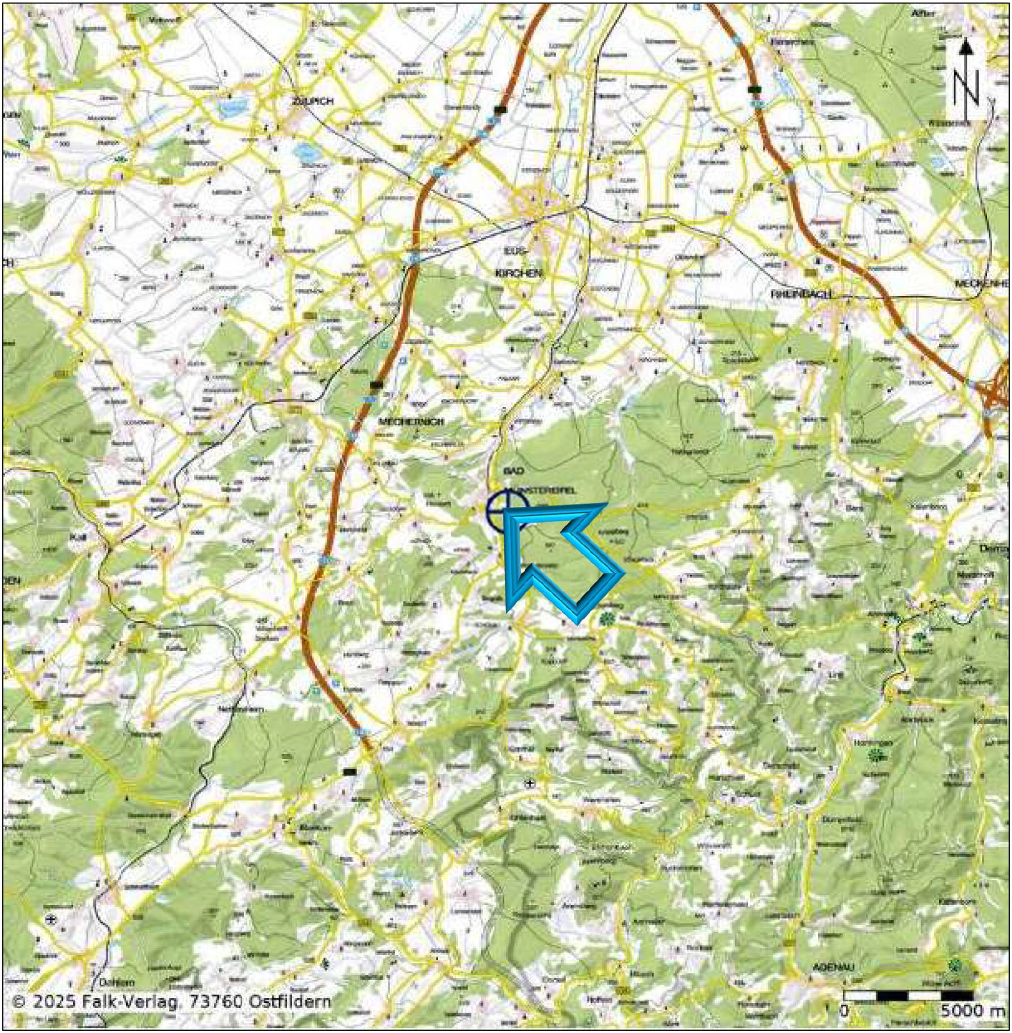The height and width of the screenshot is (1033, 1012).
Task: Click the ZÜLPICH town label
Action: (x=312, y=101)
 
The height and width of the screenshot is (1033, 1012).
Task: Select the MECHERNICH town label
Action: (x=411, y=421)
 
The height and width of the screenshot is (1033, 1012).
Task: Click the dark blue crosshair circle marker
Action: (x=508, y=511)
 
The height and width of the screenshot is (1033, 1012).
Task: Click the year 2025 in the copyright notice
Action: (x=54, y=1002)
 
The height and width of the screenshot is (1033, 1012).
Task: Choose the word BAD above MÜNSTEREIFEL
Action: (x=513, y=471)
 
